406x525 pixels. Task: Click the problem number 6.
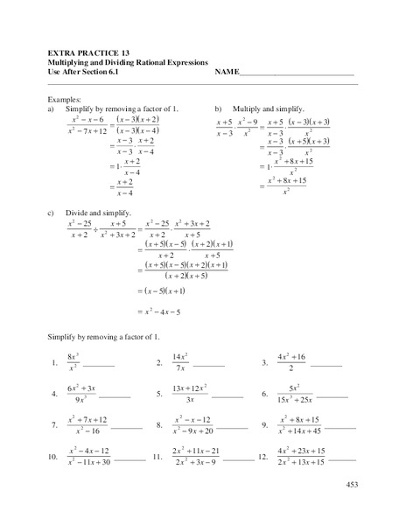click(263, 394)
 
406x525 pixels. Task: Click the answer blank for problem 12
click(341, 459)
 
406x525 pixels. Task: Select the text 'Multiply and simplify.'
click(267, 108)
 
